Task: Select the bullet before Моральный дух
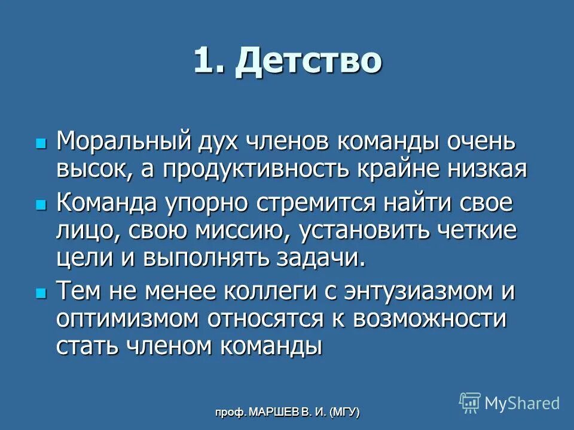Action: pos(41,143)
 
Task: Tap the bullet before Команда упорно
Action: pos(41,204)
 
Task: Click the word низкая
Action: pos(486,169)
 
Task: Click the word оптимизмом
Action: pos(127,319)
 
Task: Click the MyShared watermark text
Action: pos(521,403)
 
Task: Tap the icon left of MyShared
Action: pos(469,403)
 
